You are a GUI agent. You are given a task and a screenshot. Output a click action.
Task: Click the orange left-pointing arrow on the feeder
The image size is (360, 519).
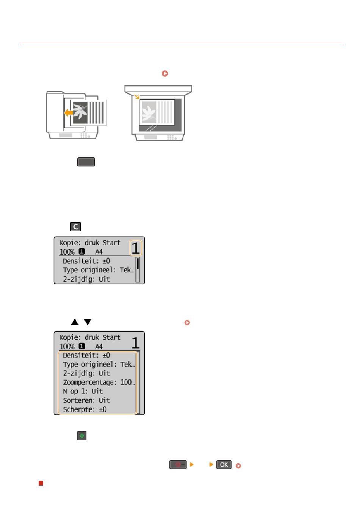(68, 113)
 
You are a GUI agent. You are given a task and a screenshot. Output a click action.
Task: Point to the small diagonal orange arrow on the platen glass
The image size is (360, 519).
(137, 97)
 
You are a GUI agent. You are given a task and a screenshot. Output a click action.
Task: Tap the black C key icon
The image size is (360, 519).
(75, 227)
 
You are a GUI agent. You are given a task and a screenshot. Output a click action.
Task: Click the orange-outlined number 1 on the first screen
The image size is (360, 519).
(135, 248)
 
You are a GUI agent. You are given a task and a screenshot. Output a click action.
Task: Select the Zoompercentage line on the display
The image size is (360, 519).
(99, 382)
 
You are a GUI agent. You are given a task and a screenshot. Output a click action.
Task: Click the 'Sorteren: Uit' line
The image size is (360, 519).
(86, 400)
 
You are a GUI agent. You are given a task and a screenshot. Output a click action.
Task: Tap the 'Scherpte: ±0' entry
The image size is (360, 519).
(85, 409)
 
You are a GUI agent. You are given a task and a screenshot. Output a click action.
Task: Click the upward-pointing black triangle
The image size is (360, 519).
(75, 322)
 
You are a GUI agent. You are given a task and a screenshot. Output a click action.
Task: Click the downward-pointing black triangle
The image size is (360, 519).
(88, 322)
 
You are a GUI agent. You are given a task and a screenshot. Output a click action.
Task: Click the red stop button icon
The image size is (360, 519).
(178, 464)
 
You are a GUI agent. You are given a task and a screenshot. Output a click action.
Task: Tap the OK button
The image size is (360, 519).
(224, 464)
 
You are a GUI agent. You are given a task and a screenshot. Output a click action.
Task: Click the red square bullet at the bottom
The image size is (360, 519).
(41, 483)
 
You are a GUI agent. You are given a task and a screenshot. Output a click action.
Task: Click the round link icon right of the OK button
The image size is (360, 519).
(238, 466)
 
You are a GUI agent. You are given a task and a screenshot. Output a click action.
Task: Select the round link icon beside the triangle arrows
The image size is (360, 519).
(187, 323)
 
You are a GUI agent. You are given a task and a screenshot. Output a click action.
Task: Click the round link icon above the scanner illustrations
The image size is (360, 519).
(165, 73)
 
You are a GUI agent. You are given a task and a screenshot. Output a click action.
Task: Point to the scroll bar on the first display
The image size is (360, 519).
(138, 269)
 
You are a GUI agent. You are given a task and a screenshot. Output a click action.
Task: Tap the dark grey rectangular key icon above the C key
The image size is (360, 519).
(86, 162)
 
